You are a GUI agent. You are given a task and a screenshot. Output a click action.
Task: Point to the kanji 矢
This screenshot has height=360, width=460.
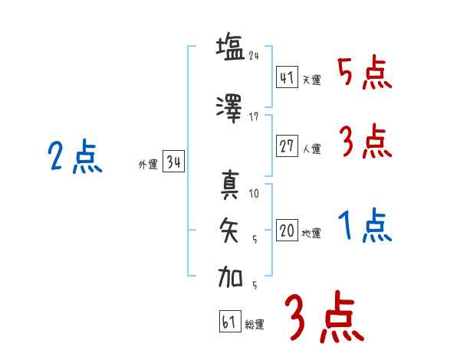[230, 230]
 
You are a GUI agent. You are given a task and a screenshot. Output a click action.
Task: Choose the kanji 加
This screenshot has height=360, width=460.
[230, 275]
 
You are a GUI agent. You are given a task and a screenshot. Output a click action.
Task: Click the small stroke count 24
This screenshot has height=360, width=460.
[255, 56]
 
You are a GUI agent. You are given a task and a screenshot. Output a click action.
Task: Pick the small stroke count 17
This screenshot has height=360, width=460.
[255, 117]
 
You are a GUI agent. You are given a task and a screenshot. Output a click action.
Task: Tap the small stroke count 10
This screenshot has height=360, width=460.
[255, 194]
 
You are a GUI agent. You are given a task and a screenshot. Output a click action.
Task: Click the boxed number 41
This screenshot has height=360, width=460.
[287, 77]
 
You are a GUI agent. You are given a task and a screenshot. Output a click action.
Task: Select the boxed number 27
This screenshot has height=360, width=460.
[287, 147]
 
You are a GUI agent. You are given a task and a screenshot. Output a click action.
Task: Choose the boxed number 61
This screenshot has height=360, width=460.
[229, 322]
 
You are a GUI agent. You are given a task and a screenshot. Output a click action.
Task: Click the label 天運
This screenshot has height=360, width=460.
[312, 80]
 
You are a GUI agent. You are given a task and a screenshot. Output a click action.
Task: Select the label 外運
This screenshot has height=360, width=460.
[147, 164]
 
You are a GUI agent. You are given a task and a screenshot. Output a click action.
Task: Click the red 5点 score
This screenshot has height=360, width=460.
[364, 74]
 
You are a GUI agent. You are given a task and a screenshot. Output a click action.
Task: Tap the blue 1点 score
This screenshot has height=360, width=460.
[364, 227]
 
